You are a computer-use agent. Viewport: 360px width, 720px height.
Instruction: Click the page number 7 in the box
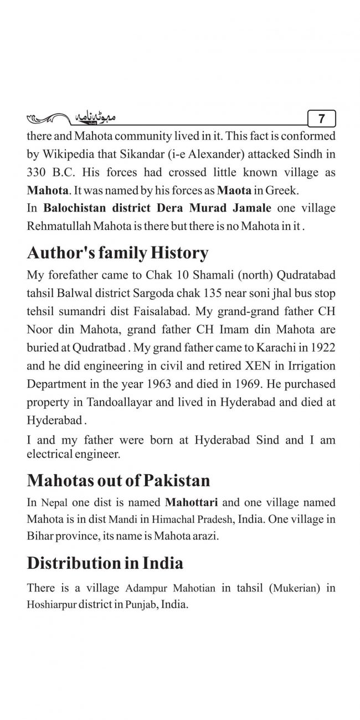click(322, 119)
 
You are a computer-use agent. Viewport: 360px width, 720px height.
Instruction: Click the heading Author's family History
click(117, 253)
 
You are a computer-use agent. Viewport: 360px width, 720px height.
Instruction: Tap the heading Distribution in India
click(105, 563)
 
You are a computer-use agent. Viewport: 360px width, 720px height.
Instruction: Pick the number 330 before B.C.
click(37, 172)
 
